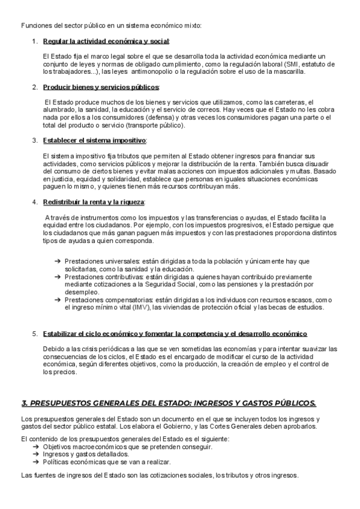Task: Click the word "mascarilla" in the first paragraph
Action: coord(289,71)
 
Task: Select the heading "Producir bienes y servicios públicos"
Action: coord(101,88)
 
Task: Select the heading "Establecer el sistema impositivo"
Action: coord(95,140)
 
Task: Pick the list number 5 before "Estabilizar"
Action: coord(35,334)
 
